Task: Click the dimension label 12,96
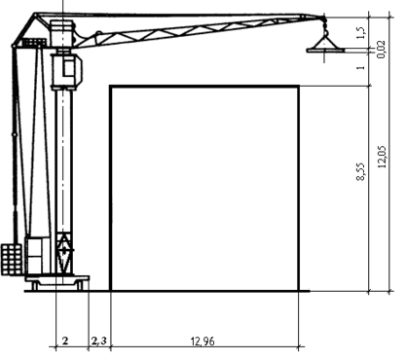point(203,342)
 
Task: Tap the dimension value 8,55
point(361,171)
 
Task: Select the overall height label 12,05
point(383,157)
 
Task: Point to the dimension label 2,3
point(99,341)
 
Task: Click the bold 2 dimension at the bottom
point(65,341)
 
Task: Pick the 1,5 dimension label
point(361,33)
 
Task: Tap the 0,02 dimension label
point(382,50)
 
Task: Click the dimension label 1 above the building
point(361,67)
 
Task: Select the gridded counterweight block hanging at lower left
point(12,260)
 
